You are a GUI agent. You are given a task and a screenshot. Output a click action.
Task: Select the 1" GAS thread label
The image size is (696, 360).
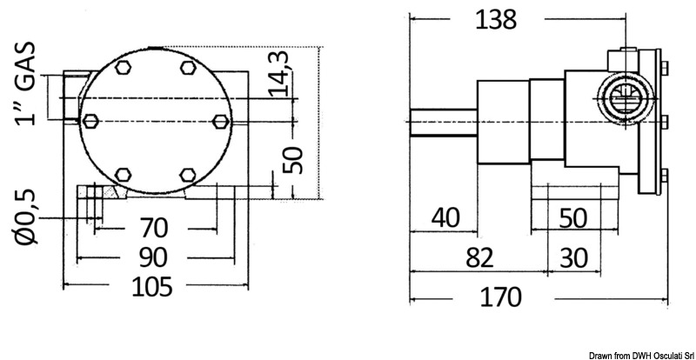pos(27,83)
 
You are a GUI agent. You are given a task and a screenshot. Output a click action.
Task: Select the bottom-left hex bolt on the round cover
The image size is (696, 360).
pos(123,175)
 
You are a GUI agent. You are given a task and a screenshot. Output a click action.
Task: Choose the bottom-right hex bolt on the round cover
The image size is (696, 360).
pos(185,175)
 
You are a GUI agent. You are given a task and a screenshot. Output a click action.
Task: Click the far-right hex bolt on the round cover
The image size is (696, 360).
pos(217,120)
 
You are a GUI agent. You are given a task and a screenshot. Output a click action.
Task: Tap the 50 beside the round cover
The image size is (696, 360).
pos(296,159)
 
